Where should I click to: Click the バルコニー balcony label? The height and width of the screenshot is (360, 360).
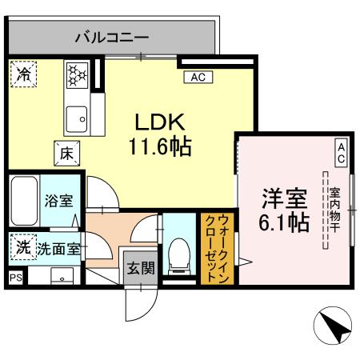[112, 36]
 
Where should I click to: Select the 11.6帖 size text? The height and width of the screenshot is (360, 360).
[160, 146]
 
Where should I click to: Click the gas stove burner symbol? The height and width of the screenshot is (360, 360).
[78, 76]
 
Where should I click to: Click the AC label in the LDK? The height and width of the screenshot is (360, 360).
[198, 77]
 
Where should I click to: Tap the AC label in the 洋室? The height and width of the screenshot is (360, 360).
[340, 154]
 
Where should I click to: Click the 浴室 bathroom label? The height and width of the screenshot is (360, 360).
[58, 201]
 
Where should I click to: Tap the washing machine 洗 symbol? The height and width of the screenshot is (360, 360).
[22, 248]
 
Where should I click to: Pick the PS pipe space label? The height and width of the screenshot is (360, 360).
[15, 277]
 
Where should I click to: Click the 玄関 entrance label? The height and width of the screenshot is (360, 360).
[140, 269]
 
